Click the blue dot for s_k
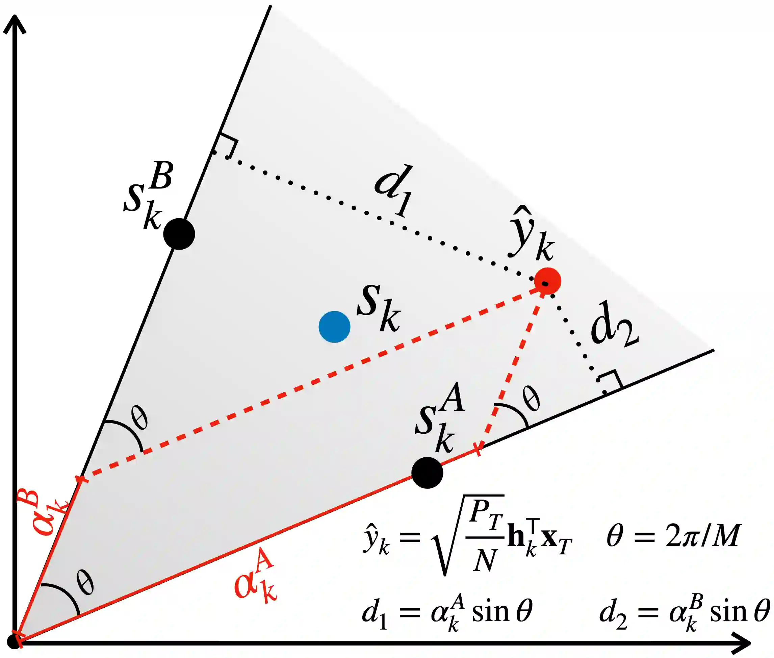tap(334, 327)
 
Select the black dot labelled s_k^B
tap(179, 234)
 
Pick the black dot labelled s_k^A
tap(427, 473)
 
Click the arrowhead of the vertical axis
tap(15, 24)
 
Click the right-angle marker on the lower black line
tap(610, 383)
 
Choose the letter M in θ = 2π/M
tap(725, 536)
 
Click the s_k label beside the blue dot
tap(378, 308)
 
